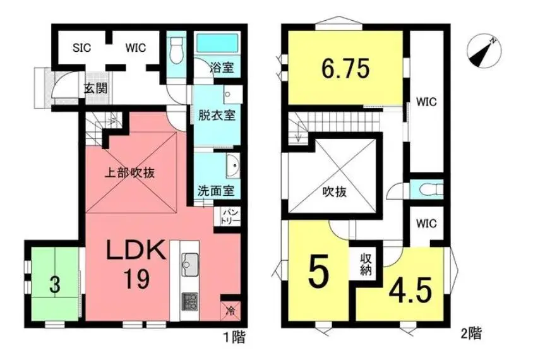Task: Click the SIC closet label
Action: point(82,47)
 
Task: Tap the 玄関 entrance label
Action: point(95,88)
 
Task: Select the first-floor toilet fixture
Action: point(176,51)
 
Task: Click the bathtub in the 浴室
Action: point(217,44)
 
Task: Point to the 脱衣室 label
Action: point(217,116)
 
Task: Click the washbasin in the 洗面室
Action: point(233,165)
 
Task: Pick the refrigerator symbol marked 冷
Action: point(231,311)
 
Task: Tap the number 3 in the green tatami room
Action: point(55,285)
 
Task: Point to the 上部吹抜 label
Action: point(129,173)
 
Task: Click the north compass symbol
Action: point(484,52)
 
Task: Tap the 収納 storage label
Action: point(366,264)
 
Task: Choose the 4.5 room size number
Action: point(410,291)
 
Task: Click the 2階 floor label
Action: point(471,334)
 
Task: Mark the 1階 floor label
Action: point(234,337)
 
